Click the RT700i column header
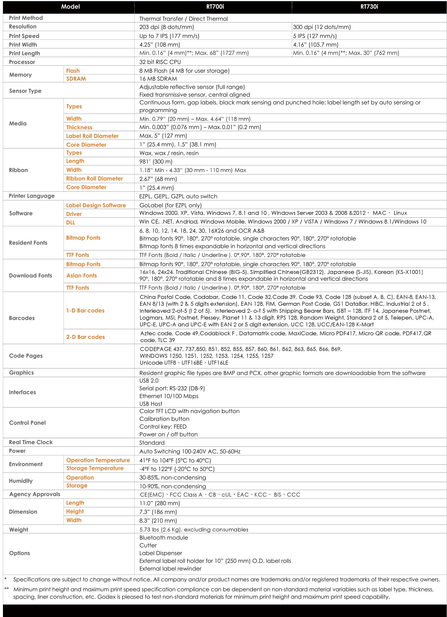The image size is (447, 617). (x=215, y=7)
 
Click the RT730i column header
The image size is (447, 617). (x=369, y=7)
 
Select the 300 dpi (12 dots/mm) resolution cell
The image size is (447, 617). (x=322, y=27)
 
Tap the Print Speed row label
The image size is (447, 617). (x=24, y=36)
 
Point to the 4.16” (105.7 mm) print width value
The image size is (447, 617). (x=316, y=45)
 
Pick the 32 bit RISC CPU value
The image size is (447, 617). (x=160, y=62)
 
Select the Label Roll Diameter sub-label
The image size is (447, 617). (x=92, y=136)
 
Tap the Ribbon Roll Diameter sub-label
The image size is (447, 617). (x=94, y=178)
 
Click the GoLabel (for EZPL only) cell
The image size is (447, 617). (x=170, y=205)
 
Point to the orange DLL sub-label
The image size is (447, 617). (x=70, y=222)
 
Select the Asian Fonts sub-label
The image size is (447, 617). (x=82, y=275)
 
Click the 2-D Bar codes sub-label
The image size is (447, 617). (x=85, y=337)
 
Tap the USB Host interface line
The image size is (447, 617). (x=151, y=404)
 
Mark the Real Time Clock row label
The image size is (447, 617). (x=31, y=442)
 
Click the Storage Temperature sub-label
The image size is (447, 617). (x=95, y=468)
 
